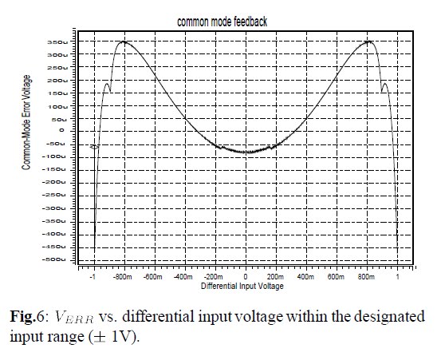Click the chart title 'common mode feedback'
coord(226,22)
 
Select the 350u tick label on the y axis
coord(58,42)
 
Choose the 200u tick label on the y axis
coord(58,80)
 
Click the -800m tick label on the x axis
coord(123,277)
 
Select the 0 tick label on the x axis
coord(246,277)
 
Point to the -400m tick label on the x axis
coord(184,277)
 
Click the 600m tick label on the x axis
coord(337,277)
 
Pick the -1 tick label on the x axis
coord(93,277)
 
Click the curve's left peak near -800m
coord(124,42)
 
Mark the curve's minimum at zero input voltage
coord(246,152)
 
